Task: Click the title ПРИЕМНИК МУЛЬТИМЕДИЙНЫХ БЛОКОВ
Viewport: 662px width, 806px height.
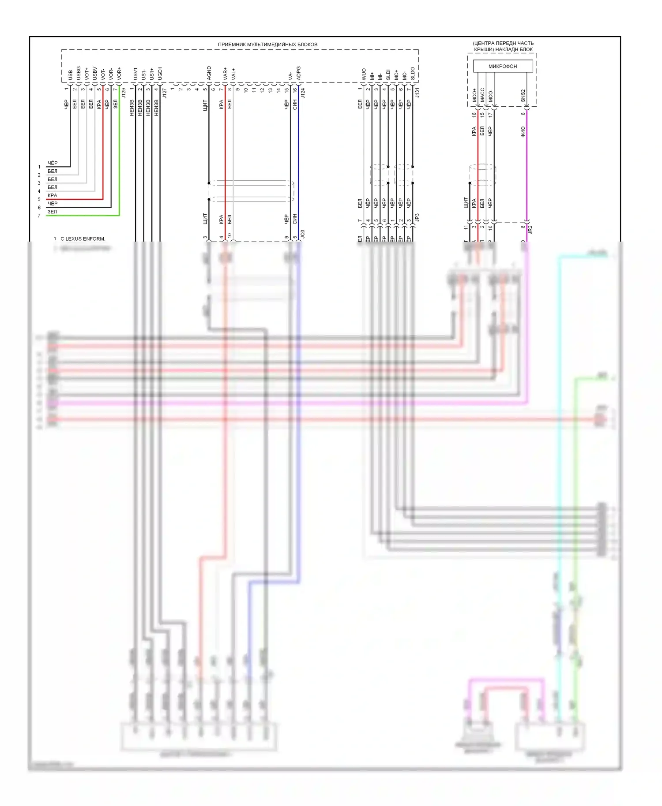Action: [x=267, y=45]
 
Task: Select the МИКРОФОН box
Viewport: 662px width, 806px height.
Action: [x=502, y=66]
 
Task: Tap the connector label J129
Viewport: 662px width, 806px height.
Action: [x=124, y=93]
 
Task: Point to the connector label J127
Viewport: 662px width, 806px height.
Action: [x=165, y=93]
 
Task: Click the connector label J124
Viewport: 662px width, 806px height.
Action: [x=303, y=93]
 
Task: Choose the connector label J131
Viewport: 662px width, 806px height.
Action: [x=417, y=93]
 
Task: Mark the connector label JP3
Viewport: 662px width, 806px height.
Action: [x=417, y=217]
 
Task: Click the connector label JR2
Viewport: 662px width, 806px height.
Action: [x=530, y=229]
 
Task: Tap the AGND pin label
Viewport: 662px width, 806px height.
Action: [x=209, y=73]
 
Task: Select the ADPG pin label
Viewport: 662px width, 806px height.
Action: [x=299, y=73]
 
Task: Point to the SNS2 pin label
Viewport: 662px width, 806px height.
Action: [x=523, y=95]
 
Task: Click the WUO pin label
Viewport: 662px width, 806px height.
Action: [x=364, y=74]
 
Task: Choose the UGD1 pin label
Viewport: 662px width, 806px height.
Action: [x=160, y=73]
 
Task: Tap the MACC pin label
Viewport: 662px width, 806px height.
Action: [x=482, y=95]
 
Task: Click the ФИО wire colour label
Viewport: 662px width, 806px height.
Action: [x=523, y=131]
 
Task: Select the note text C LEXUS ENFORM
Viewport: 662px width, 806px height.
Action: [x=83, y=239]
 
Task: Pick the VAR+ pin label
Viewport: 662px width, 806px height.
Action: [x=226, y=73]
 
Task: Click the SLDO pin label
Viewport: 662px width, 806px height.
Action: [x=413, y=73]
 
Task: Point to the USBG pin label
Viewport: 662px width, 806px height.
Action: [x=79, y=73]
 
